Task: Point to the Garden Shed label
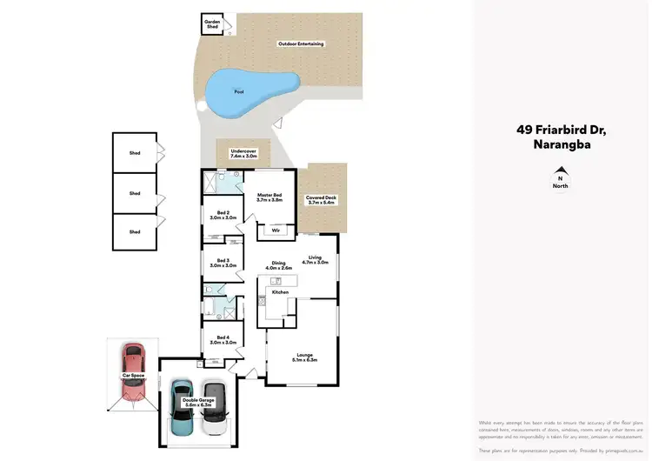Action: click(x=211, y=23)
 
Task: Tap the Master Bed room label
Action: click(x=269, y=197)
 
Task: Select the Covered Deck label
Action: click(x=322, y=200)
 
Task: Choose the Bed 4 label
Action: click(x=223, y=340)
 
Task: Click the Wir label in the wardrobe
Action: click(x=276, y=231)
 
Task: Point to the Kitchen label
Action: click(x=280, y=292)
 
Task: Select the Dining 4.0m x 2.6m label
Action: click(x=278, y=265)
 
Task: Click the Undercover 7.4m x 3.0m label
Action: click(x=243, y=153)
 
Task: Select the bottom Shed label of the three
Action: click(x=135, y=231)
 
